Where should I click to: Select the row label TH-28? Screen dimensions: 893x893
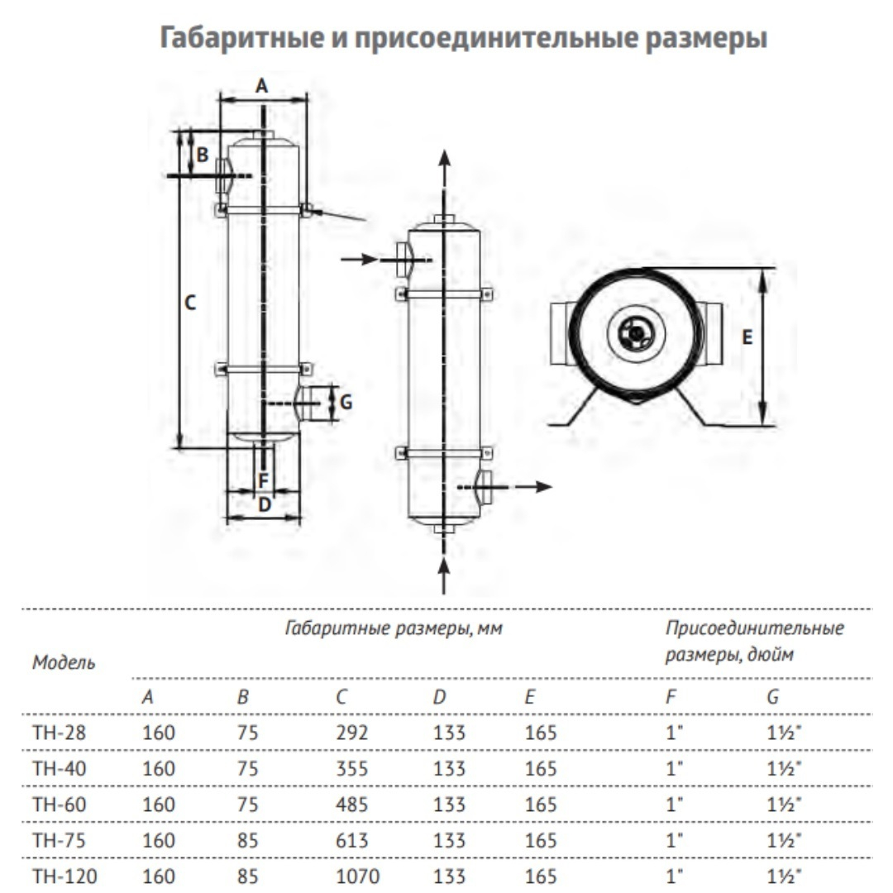pos(59,733)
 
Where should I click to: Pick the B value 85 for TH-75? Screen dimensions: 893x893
pos(248,840)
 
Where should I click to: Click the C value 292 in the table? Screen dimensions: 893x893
pos(351,733)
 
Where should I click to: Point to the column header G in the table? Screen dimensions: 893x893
pos(772,697)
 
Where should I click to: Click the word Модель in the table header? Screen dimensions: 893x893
pos(64,662)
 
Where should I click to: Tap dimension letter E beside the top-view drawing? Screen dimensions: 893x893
pos(747,337)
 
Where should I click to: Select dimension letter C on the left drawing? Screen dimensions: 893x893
pos(190,303)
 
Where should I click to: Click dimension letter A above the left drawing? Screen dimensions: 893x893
pos(261,85)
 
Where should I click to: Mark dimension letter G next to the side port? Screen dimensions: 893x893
pos(346,403)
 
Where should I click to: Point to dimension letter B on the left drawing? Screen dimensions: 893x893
pos(202,153)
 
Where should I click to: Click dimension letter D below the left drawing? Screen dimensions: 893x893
pos(264,504)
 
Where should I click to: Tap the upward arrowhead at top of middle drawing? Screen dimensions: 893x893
pos(444,159)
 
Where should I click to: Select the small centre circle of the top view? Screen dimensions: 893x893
pos(635,333)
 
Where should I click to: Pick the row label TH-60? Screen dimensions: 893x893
pos(59,805)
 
